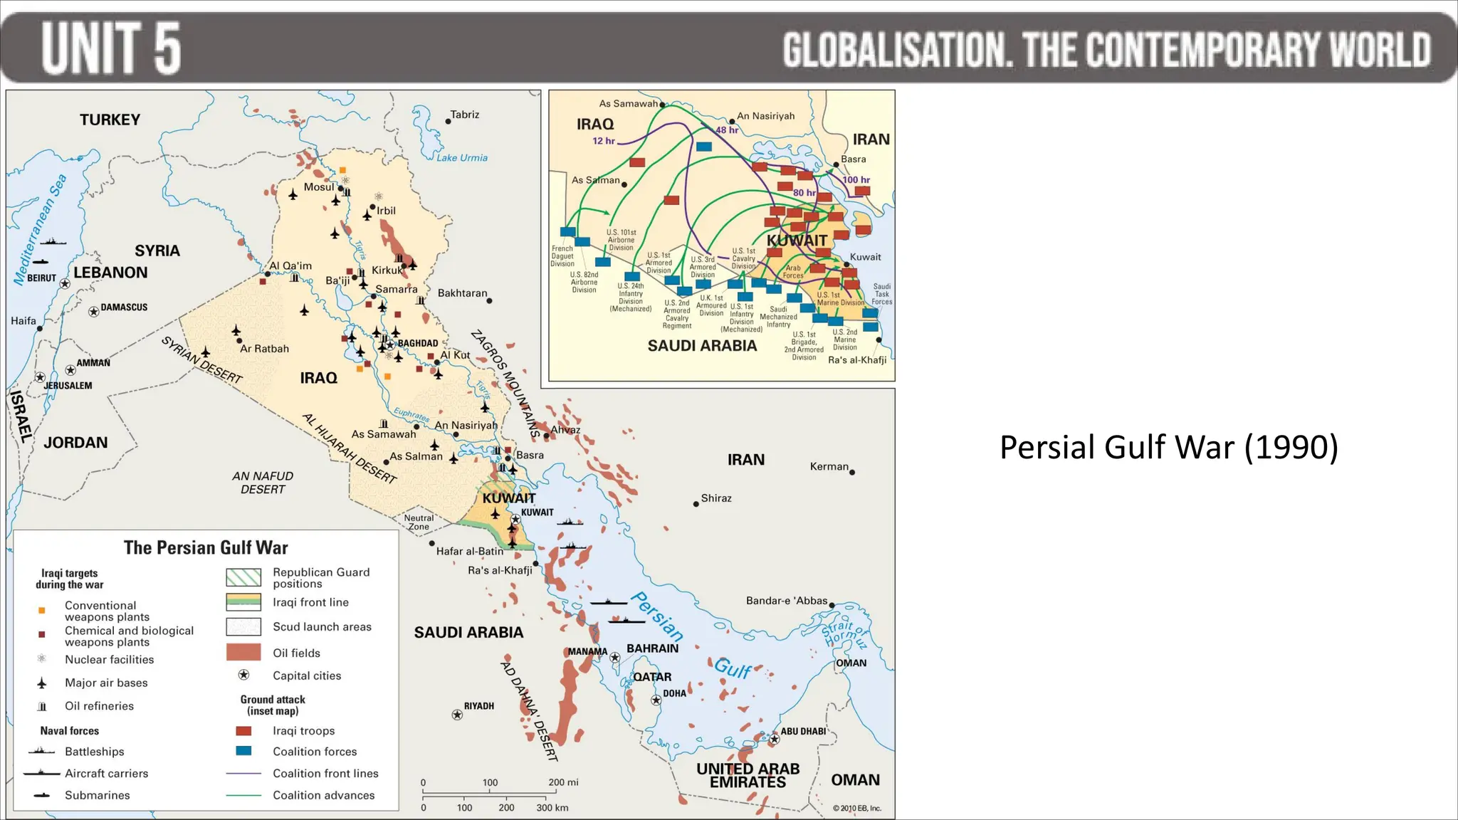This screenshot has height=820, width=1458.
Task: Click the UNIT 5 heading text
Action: point(111,48)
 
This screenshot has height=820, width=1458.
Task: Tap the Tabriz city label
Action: point(465,115)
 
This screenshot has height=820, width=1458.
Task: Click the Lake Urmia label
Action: point(462,158)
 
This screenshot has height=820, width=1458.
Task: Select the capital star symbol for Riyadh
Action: point(457,715)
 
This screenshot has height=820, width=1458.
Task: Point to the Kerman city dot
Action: point(852,472)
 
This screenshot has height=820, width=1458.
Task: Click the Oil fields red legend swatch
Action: point(243,652)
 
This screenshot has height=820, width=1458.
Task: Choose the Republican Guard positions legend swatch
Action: point(243,577)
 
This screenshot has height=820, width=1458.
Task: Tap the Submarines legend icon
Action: point(42,795)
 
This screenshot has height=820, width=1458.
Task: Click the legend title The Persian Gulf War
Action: point(206,547)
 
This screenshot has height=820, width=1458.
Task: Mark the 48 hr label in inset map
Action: point(727,130)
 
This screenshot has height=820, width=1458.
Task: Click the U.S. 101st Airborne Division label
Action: point(621,240)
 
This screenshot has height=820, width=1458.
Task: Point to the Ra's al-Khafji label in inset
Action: point(857,360)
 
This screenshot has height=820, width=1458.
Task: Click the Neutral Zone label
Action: point(419,522)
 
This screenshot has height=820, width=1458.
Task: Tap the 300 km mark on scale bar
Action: point(552,808)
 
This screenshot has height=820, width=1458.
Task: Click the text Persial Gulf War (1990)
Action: point(1168,448)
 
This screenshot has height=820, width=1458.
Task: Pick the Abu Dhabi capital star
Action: point(775,740)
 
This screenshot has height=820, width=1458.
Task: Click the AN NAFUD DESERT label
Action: point(262,483)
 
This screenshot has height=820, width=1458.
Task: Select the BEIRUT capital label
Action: point(41,278)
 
